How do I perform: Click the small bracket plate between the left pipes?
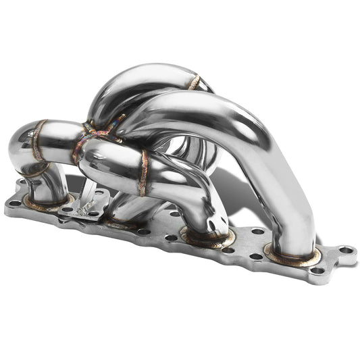(x=84, y=203)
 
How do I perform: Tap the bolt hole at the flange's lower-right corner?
(x=317, y=272)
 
